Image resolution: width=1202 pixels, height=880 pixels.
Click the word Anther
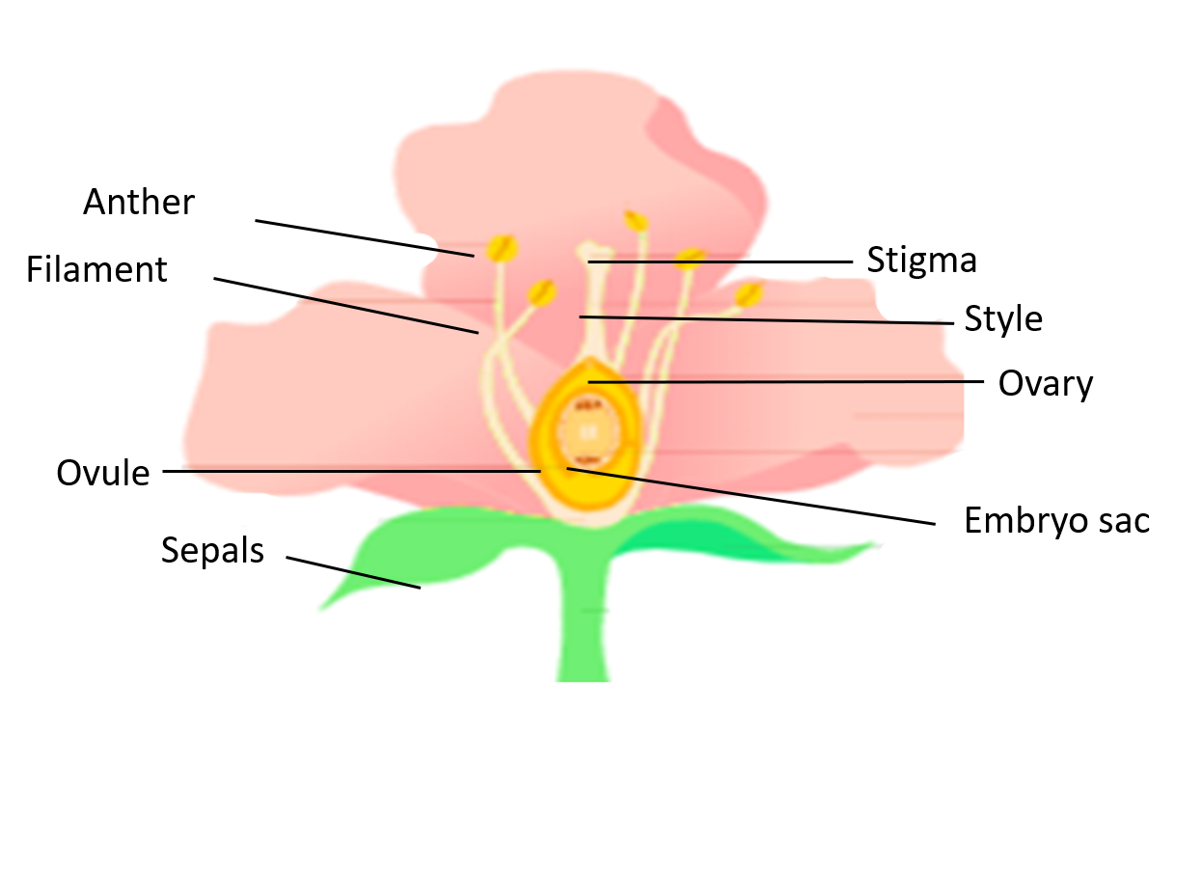point(139,203)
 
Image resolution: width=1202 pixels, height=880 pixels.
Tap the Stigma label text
point(921,261)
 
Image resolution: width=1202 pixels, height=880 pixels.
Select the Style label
point(1003,319)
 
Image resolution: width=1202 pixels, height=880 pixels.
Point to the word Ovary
point(1046,384)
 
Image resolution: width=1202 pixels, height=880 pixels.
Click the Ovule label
point(103,474)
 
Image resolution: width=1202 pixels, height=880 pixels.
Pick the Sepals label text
point(212,550)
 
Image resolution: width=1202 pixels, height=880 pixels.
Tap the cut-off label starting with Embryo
point(1038,521)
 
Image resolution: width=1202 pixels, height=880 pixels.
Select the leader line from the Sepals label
point(353,572)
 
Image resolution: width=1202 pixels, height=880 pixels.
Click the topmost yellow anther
point(636,221)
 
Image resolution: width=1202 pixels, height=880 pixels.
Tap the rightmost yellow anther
point(750,293)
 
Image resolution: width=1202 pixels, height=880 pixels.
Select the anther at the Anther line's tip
point(501,249)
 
